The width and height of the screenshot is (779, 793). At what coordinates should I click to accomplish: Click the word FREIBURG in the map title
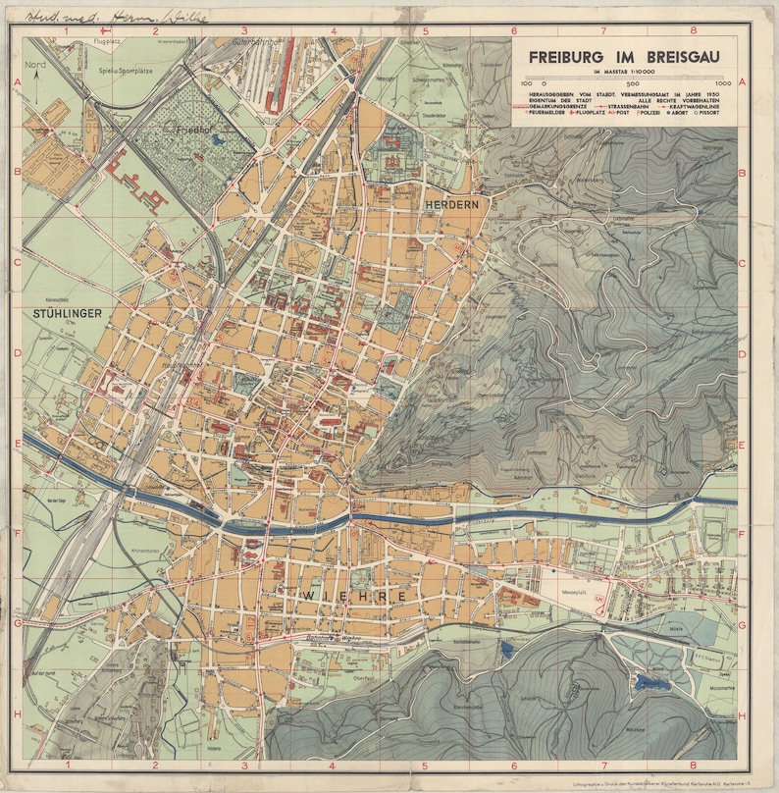click(566, 58)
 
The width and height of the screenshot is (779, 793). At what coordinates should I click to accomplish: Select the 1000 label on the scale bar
click(724, 85)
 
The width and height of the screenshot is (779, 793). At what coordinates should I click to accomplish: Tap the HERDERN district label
click(451, 204)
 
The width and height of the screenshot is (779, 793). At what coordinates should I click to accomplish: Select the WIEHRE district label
click(341, 596)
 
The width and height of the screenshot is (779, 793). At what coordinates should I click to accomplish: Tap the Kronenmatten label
click(145, 552)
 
